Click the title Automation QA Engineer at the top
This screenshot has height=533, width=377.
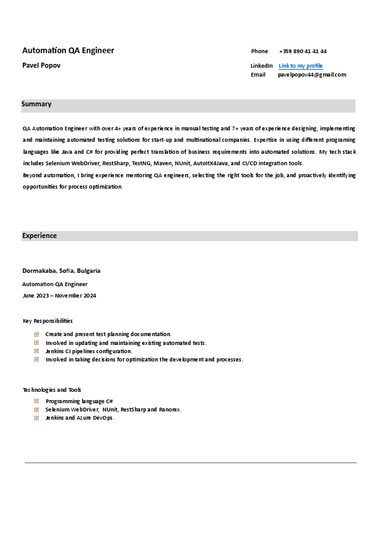[68, 51]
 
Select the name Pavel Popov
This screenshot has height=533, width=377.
[42, 65]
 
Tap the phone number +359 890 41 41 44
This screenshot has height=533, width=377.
[303, 51]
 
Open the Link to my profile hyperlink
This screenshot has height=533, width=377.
[300, 66]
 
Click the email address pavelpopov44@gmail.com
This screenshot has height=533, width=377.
[312, 75]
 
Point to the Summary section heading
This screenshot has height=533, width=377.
[37, 104]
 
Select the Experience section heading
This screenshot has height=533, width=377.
[39, 235]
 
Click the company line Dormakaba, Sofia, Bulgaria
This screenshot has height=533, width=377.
[61, 271]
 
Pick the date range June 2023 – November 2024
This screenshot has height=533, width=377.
[59, 296]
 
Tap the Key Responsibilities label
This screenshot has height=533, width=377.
[48, 321]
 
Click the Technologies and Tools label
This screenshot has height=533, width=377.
[52, 390]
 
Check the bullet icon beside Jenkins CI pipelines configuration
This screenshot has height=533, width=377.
[37, 351]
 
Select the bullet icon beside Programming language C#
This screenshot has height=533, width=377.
[37, 401]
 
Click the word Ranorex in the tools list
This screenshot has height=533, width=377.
[170, 410]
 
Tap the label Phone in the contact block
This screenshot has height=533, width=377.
[259, 51]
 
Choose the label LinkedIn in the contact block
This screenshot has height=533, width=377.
[262, 66]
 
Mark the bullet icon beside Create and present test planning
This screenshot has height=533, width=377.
[37, 334]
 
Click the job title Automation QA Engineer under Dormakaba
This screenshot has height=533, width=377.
[55, 284]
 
